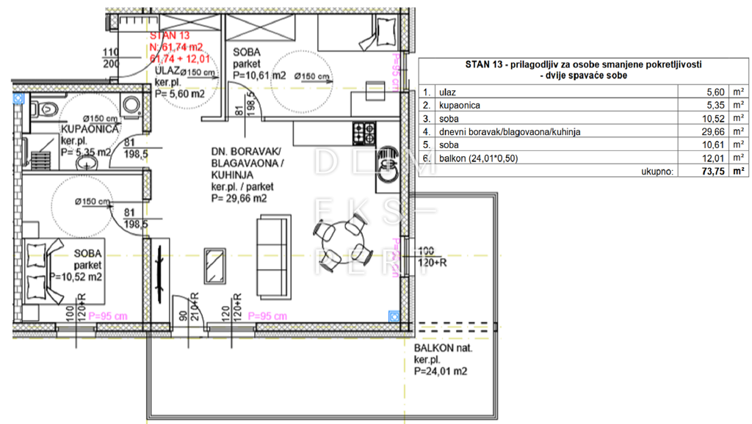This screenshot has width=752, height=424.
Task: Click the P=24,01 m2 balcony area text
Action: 441,372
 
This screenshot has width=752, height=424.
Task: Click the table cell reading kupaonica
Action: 460,106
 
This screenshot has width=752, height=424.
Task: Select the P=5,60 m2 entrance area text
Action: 178,93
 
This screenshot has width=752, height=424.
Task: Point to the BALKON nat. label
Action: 444,348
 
